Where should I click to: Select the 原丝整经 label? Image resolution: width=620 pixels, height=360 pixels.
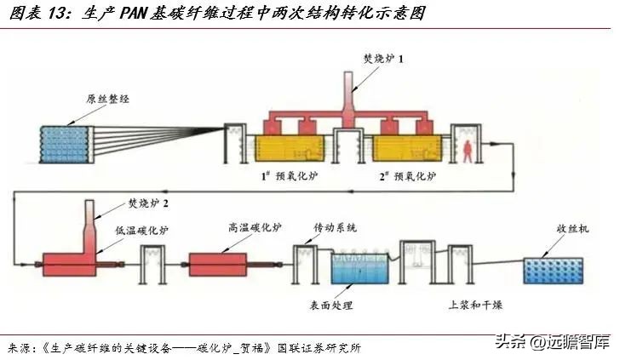(105, 98)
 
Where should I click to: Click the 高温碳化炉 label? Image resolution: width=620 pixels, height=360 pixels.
(253, 227)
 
